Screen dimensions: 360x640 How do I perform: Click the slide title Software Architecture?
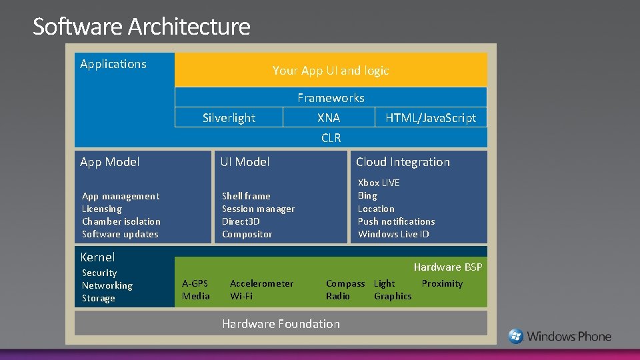141,27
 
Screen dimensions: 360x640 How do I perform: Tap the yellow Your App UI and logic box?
331,70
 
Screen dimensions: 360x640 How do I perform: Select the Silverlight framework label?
229,118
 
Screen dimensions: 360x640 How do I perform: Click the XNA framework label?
329,118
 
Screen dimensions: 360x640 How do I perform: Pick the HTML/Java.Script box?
431,118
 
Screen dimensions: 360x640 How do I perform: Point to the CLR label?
331,138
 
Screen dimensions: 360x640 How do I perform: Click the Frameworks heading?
331,98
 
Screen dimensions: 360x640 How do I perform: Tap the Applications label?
113,64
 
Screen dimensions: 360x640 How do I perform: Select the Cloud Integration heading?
403,162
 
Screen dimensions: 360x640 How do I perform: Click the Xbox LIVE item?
379,183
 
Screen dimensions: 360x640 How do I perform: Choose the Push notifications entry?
396,221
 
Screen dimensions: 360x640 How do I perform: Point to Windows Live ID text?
393,234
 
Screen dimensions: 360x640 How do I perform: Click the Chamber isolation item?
121,221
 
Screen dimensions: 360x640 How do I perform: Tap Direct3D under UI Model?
241,221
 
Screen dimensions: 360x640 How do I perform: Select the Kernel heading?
97,257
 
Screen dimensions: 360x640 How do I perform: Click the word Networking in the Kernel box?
107,285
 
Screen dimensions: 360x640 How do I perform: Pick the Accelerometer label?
261,283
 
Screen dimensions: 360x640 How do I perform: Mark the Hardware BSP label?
447,267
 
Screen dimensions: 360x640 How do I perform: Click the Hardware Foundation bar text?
281,324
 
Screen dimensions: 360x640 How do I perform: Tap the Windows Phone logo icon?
516,336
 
